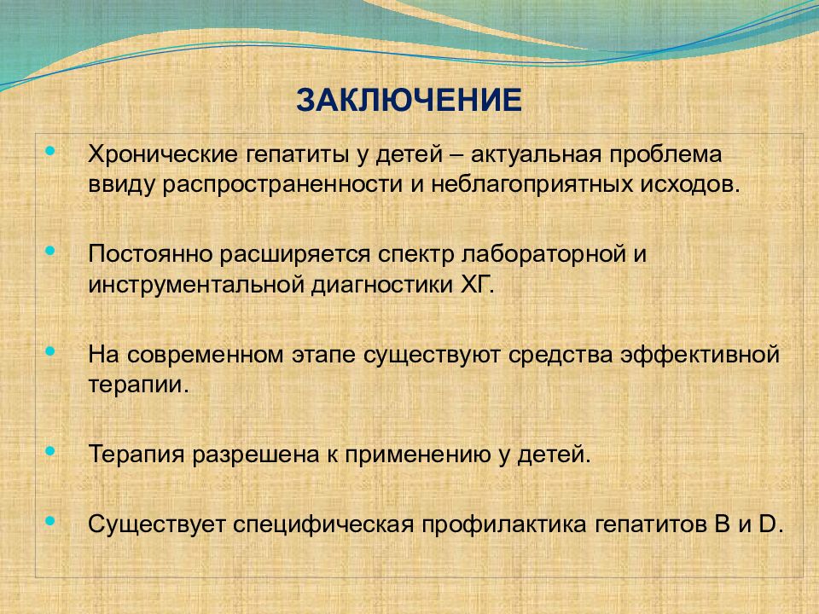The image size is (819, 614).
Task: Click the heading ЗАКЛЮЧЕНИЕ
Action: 409,100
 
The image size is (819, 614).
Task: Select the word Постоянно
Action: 151,255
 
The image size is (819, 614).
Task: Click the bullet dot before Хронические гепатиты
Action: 48,151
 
